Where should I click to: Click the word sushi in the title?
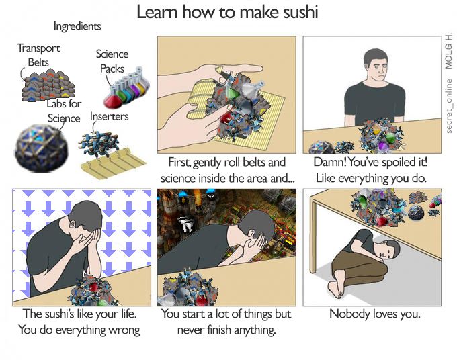pos(300,12)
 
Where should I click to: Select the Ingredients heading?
pos(77,26)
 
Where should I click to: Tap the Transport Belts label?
pos(38,55)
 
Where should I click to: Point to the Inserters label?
pos(110,116)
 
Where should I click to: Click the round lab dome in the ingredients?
pos(42,147)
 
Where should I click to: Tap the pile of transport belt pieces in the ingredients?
pos(48,85)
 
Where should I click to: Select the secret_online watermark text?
pos(449,106)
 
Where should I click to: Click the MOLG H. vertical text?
pos(449,51)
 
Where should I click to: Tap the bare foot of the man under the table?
pos(335,289)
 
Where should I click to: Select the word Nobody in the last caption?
pos(345,314)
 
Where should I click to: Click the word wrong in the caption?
pos(124,330)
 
